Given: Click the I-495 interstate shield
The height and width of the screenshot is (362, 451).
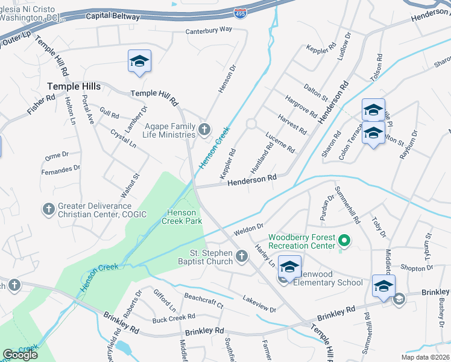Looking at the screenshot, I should [240, 12].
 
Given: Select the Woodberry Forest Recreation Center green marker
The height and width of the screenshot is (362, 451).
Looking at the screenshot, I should [344, 241].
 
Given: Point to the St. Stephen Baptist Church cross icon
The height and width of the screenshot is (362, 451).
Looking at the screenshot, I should [241, 257].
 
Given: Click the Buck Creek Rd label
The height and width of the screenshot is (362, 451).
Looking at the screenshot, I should [174, 317].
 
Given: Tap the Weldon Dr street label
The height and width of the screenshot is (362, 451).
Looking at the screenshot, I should [249, 230].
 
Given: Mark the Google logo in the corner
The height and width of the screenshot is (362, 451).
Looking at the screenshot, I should [20, 355].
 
